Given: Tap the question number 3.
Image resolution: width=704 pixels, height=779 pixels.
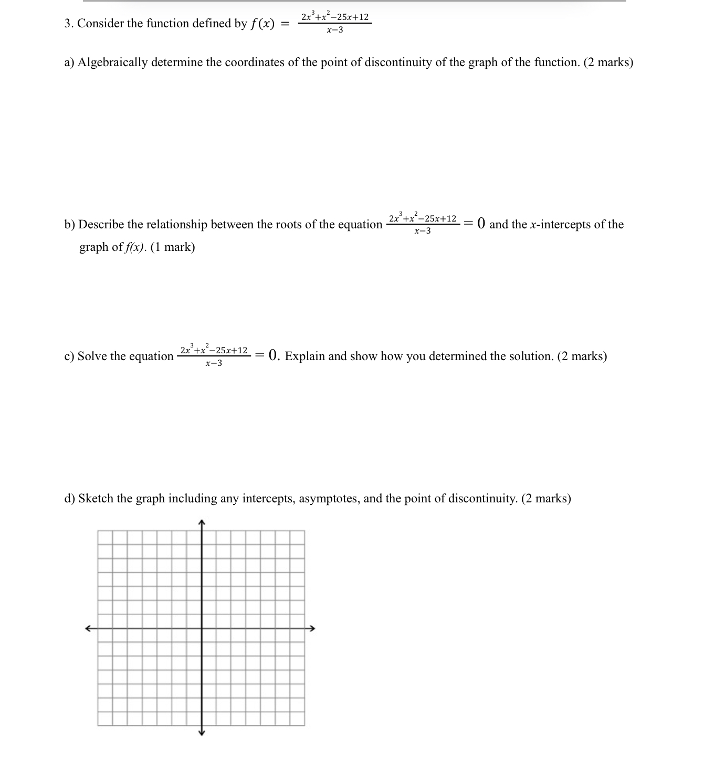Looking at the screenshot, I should (x=68, y=24).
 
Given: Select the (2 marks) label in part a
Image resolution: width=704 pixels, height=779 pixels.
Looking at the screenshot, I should (x=608, y=62).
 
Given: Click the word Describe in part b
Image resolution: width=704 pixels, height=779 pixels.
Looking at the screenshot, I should (x=101, y=225).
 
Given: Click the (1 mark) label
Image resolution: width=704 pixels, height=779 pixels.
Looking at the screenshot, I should (x=173, y=247).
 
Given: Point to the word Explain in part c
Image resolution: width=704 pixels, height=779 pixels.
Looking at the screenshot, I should (x=305, y=356).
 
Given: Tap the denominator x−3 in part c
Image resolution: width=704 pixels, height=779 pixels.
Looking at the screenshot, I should (x=214, y=363).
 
